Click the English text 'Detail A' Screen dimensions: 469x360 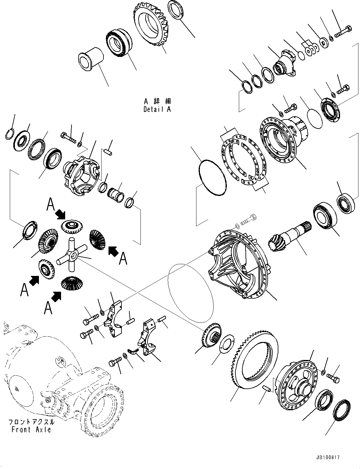click(157, 110)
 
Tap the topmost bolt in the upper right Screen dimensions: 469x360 click(343, 31)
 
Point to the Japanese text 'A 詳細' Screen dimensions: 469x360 click(157, 102)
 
